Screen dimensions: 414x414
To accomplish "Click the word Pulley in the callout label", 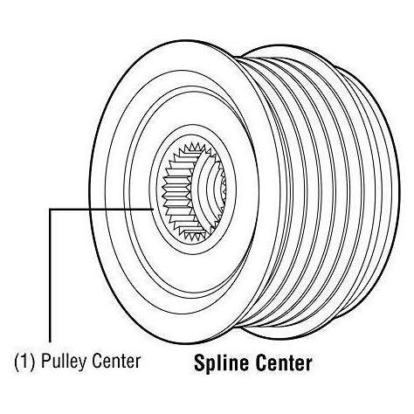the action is point(64,362).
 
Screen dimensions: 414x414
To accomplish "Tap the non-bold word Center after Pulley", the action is point(116,362).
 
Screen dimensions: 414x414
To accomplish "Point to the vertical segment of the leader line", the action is point(50,275).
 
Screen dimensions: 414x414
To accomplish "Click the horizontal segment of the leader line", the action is point(101,209).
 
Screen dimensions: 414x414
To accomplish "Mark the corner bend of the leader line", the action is point(50,209).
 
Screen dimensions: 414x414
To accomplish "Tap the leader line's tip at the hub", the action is point(154,209).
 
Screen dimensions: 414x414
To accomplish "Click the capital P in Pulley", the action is point(46,362).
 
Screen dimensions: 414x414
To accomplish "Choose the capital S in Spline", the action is point(201,362).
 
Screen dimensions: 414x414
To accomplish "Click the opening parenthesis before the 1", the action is point(17,362).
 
